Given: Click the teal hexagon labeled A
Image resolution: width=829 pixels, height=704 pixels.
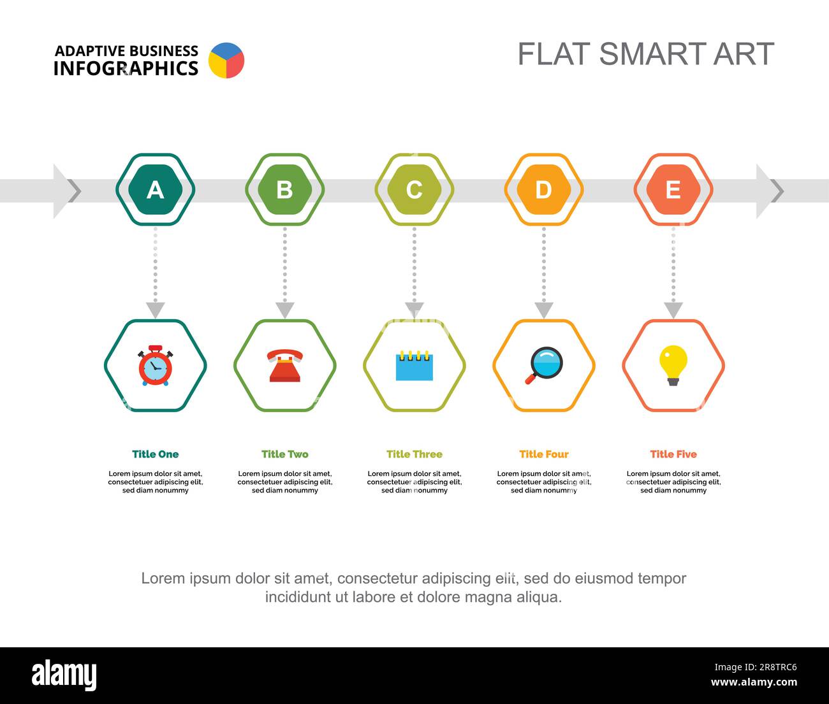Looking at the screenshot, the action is (x=155, y=189).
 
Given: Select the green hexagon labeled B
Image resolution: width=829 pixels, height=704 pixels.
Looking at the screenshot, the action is (x=285, y=189).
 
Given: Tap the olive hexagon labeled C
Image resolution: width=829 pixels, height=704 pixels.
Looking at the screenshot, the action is (x=414, y=189).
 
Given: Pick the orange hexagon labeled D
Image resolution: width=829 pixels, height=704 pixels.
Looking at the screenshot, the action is (x=544, y=189).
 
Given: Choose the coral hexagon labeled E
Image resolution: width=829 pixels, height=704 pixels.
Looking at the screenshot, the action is (x=673, y=189).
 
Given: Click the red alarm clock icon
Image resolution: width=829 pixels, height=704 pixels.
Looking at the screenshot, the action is (x=155, y=366).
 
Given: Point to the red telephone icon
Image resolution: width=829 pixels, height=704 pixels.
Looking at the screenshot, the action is (x=285, y=365).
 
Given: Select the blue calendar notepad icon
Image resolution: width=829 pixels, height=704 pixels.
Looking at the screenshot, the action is (x=414, y=366).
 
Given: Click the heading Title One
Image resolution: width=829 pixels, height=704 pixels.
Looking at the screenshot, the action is (x=155, y=454).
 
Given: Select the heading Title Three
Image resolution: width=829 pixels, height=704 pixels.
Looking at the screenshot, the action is (x=414, y=454).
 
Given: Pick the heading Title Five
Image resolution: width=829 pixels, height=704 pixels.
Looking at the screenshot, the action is (x=673, y=454).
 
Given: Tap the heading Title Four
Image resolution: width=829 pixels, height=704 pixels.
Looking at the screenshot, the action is (x=544, y=454).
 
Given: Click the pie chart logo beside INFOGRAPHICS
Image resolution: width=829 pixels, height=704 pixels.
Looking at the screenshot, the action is (x=226, y=61).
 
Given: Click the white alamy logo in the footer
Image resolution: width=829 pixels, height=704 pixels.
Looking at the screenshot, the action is (x=64, y=675).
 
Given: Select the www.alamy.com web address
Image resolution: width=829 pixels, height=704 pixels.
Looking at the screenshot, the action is (x=754, y=682).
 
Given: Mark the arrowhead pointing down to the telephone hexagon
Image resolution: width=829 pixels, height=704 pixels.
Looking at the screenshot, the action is (x=285, y=310).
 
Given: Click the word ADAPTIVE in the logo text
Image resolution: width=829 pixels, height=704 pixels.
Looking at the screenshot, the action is (x=91, y=52).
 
